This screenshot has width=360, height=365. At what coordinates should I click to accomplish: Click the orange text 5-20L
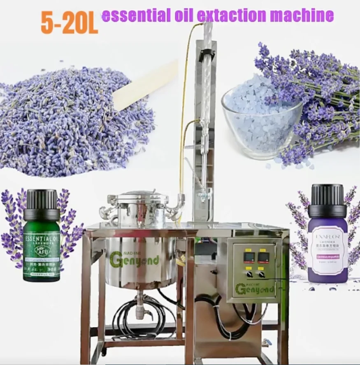69,24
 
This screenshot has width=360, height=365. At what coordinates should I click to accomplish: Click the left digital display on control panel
249,258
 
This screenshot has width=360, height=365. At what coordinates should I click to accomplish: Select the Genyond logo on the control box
255,288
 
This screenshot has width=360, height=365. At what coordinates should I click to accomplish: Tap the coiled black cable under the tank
128,317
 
